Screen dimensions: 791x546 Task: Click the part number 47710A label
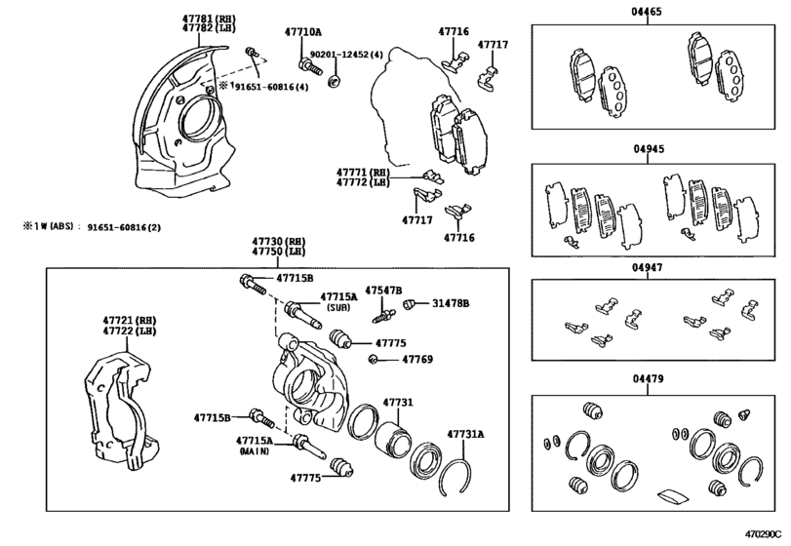click(302, 32)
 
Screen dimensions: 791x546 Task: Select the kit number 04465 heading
click(647, 12)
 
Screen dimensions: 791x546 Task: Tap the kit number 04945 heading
click(649, 149)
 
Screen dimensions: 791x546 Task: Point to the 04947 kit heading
click(648, 268)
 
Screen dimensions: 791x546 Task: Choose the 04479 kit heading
click(649, 378)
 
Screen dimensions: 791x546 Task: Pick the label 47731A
click(465, 434)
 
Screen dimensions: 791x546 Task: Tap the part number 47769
click(417, 360)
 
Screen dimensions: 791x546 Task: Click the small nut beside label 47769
click(374, 359)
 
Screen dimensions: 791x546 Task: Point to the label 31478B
click(451, 303)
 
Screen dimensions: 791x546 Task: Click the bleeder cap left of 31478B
click(409, 303)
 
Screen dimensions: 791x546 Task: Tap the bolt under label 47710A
click(310, 66)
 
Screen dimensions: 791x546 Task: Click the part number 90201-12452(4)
click(346, 55)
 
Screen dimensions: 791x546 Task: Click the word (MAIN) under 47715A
click(255, 451)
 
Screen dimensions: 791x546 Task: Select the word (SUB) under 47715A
click(338, 307)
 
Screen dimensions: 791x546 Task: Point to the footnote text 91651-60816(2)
click(124, 227)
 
